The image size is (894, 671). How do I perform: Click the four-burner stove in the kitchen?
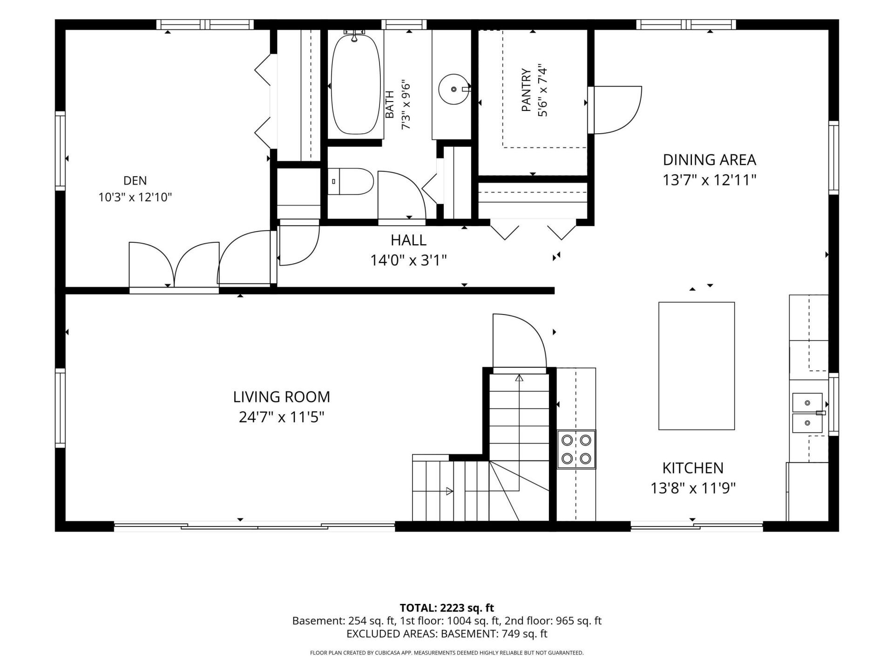coord(576,449)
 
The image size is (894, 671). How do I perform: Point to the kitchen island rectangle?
coord(697,366)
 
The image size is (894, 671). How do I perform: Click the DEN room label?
coord(135,180)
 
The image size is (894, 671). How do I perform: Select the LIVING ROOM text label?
coord(282,397)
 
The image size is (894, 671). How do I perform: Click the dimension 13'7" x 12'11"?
coord(709,180)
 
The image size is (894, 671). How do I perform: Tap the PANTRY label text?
coord(526,90)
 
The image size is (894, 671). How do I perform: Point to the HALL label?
coord(408,240)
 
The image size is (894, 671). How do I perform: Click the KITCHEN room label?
coord(693,468)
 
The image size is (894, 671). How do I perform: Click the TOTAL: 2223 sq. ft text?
coord(447,608)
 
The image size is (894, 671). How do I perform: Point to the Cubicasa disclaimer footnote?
coord(447,653)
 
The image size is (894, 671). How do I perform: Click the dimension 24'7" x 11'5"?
coord(281,417)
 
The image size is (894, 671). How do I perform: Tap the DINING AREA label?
coord(709,160)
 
